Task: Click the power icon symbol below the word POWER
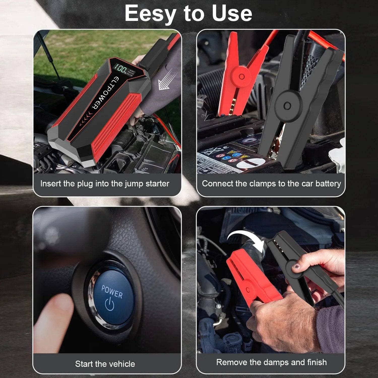click(x=110, y=304)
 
